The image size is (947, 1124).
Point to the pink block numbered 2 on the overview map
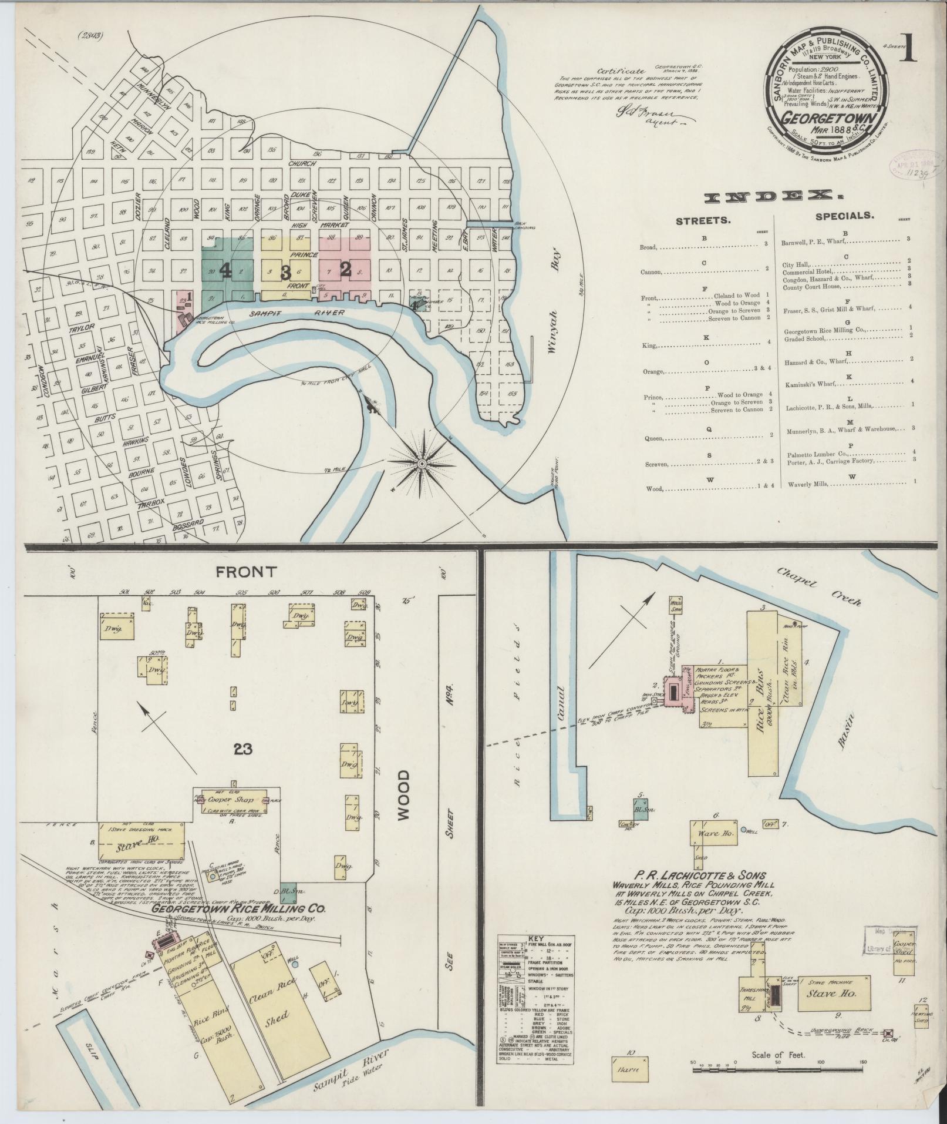345,269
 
